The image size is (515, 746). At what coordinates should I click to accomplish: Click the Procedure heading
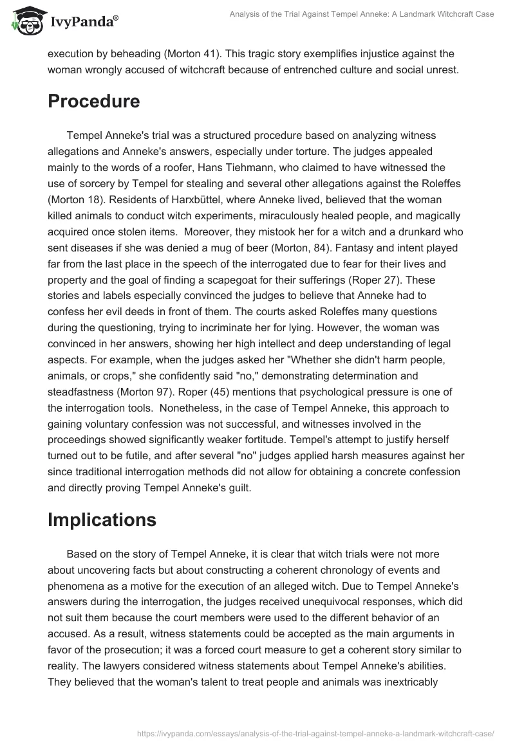94,102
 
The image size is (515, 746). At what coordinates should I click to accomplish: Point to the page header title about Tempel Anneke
361,14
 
